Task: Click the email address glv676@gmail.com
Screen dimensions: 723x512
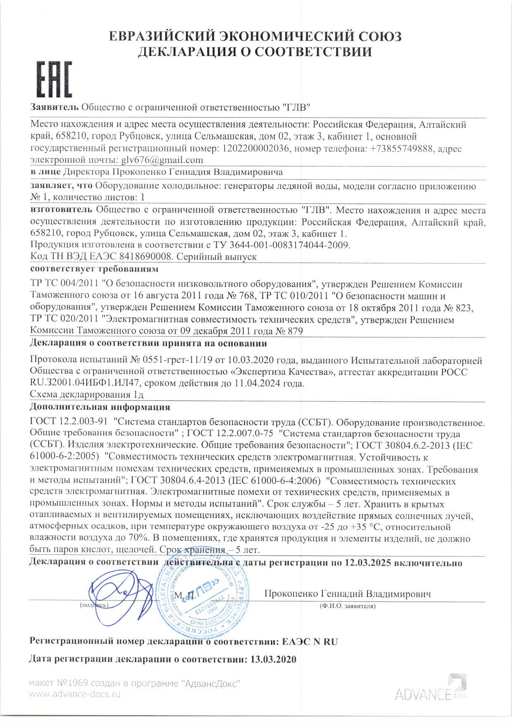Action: pos(162,160)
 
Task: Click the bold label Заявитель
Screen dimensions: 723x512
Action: pos(55,107)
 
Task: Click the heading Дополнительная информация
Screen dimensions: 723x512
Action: pos(100,407)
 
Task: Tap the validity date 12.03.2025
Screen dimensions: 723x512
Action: pos(367,563)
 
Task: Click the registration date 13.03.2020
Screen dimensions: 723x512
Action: pos(273,659)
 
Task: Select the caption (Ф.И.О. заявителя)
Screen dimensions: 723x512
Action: pos(347,606)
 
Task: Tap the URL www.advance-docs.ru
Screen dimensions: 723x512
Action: pos(75,695)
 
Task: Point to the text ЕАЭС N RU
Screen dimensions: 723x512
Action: pos(310,642)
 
